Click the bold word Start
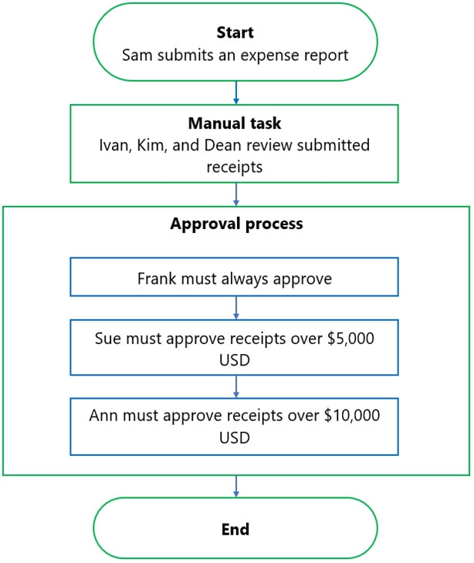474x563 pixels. pyautogui.click(x=235, y=32)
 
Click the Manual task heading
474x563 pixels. pyautogui.click(x=235, y=123)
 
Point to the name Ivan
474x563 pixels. pyautogui.click(x=113, y=146)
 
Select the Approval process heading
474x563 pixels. pyautogui.click(x=236, y=224)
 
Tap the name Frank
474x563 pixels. pyautogui.click(x=157, y=278)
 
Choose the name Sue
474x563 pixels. pyautogui.click(x=108, y=339)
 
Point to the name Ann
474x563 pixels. pyautogui.click(x=104, y=416)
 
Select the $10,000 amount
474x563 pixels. pyautogui.click(x=352, y=416)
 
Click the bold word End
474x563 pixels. pyautogui.click(x=235, y=530)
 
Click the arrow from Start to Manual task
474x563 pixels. pyautogui.click(x=236, y=93)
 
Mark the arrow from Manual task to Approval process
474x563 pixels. pyautogui.click(x=236, y=194)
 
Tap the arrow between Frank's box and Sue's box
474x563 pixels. pyautogui.click(x=236, y=308)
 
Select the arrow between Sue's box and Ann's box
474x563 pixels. pyautogui.click(x=236, y=386)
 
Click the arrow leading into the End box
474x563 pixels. pyautogui.click(x=236, y=487)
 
